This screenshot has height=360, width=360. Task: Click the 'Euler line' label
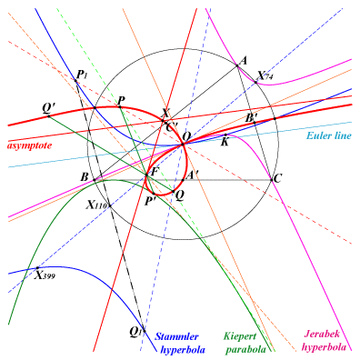(x=329, y=135)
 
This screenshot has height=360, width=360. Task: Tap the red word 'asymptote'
(x=29, y=145)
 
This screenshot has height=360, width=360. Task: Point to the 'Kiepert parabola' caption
(x=245, y=343)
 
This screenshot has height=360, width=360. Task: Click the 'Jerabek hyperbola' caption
(x=325, y=341)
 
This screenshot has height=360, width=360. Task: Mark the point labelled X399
(x=37, y=268)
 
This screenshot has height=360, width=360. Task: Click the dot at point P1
(x=75, y=80)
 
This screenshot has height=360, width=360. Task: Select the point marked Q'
(x=48, y=116)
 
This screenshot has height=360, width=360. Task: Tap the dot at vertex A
(x=236, y=65)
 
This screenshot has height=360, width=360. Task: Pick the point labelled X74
(x=255, y=82)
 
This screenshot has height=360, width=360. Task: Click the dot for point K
(x=225, y=135)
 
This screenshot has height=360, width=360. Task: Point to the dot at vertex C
(x=272, y=180)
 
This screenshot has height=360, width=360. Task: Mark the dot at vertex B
(x=95, y=180)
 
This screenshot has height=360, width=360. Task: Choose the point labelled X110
(x=110, y=205)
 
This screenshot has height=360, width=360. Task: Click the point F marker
(x=146, y=175)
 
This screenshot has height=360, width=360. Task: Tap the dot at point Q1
(x=145, y=331)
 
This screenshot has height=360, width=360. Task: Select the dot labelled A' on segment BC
(x=183, y=180)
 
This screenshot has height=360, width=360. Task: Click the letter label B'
(x=252, y=118)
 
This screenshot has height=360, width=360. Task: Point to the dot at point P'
(x=154, y=194)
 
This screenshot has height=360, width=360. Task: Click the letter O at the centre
(x=186, y=137)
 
